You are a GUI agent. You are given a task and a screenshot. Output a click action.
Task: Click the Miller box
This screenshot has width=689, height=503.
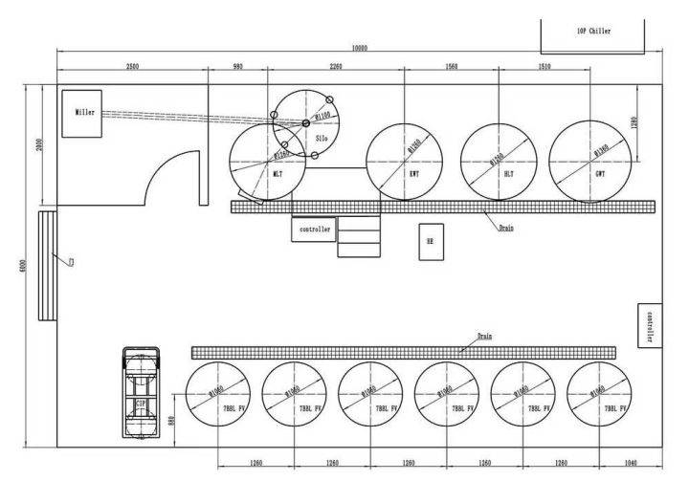(x=85, y=113)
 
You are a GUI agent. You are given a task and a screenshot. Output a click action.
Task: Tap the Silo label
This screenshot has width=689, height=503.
(x=322, y=138)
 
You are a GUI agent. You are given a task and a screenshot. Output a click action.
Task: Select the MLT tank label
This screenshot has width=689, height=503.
(x=278, y=175)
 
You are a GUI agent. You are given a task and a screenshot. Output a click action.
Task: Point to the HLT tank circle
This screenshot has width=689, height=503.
(x=498, y=163)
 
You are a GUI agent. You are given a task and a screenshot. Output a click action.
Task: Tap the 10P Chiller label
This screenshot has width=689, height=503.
(x=593, y=31)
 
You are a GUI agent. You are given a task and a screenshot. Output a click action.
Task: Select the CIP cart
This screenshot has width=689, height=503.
(x=141, y=393)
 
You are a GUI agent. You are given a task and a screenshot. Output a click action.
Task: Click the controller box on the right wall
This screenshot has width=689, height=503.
(x=650, y=326)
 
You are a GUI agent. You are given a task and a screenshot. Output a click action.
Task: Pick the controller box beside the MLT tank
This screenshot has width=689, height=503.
(x=315, y=230)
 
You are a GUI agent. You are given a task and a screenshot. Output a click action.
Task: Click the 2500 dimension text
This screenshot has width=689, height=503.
(x=132, y=67)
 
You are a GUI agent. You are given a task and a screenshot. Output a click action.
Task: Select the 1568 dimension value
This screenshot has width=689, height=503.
(x=451, y=67)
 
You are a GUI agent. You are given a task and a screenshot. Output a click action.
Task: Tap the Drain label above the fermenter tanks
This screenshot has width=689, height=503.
(x=484, y=337)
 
